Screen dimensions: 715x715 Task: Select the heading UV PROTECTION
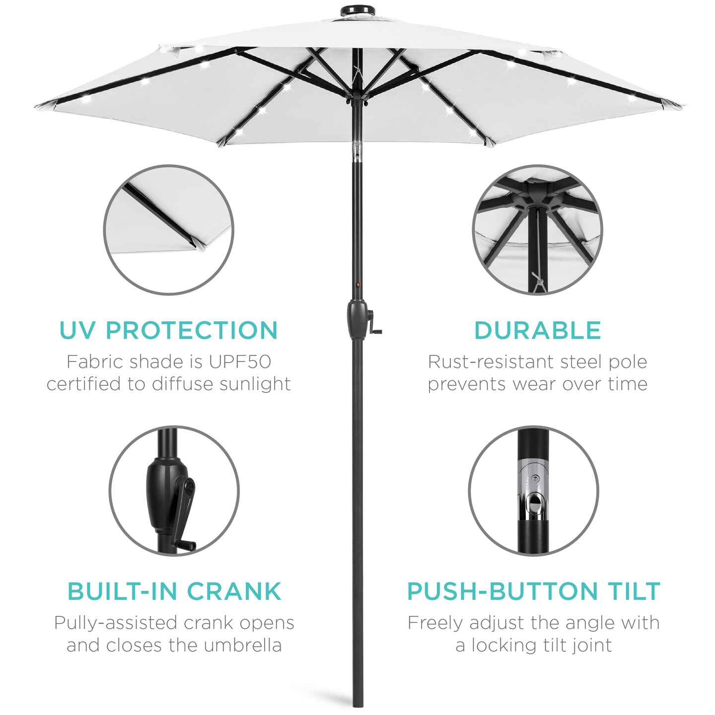pos(168,331)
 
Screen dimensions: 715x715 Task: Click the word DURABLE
pos(537,331)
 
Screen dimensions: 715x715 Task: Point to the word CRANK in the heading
pos(234,591)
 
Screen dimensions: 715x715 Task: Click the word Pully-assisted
pos(115,623)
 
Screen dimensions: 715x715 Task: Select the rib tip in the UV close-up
pos(195,245)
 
